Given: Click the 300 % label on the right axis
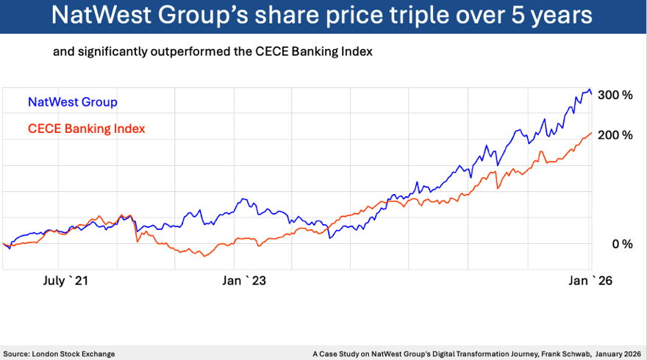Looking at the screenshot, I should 615,95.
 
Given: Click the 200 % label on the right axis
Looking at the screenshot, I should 615,135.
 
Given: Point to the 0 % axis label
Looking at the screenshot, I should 622,244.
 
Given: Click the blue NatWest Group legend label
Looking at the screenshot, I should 72,102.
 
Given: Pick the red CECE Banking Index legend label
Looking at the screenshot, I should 86,129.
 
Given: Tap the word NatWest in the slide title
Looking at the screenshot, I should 113,16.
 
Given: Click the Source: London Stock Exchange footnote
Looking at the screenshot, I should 60,353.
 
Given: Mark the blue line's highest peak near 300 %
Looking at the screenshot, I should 589,90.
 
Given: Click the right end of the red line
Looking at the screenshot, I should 592,133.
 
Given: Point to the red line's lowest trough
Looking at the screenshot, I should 206,256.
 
